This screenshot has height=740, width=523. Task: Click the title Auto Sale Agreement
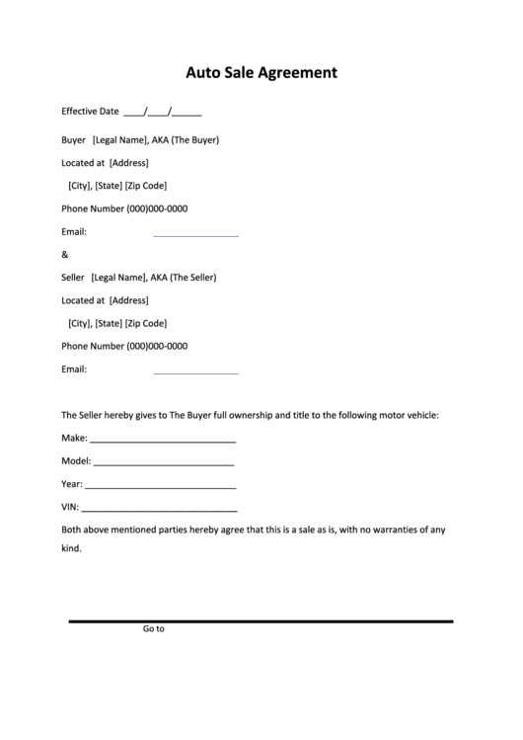262,72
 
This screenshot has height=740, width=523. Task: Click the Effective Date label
90,112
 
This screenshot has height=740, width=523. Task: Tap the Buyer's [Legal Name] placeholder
119,140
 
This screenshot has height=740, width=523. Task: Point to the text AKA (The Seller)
183,278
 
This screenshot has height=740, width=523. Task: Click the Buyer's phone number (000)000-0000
157,209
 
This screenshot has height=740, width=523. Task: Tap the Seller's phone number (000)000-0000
157,347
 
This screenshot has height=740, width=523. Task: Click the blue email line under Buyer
195,236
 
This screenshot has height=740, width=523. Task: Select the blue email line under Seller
195,373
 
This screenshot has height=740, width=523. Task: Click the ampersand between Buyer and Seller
65,255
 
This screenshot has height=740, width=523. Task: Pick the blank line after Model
163,463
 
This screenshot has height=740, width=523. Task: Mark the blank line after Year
160,487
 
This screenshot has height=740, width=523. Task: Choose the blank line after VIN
159,510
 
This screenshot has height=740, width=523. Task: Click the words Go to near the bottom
153,628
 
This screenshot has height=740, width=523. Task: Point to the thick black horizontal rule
261,621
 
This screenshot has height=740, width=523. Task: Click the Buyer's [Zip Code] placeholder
146,186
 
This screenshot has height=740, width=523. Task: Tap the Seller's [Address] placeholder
128,300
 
